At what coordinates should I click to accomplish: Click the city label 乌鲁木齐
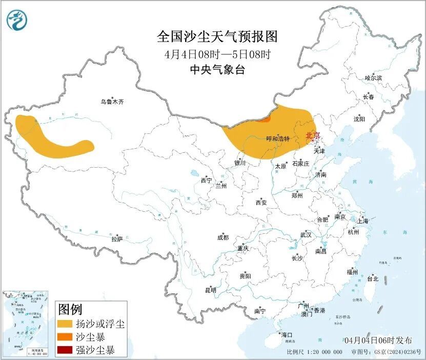coord(112,102)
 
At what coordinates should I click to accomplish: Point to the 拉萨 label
coord(117,239)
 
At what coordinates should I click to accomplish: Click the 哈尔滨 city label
coord(373,78)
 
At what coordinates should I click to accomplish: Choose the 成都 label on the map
coord(223,237)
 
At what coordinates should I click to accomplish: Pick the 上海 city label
coord(363,221)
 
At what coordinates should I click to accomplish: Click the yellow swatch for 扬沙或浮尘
coord(65,324)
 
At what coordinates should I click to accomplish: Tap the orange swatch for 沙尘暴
coord(65,337)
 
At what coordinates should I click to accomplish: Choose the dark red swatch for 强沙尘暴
coord(65,351)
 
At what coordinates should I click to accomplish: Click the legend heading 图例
coord(70,309)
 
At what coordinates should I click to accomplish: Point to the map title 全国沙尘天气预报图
coord(217,37)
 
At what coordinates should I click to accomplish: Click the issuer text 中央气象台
coord(217,70)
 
